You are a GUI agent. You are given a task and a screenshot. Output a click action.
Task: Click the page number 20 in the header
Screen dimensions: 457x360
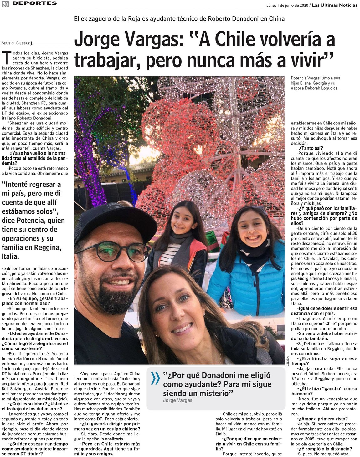(x=5, y=3)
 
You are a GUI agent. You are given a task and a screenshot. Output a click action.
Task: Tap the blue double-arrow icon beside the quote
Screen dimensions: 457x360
(x=155, y=378)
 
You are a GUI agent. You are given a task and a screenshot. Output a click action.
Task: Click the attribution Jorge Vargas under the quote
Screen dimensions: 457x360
(x=177, y=400)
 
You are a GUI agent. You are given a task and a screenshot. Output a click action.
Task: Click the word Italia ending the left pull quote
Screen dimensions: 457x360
(x=10, y=257)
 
